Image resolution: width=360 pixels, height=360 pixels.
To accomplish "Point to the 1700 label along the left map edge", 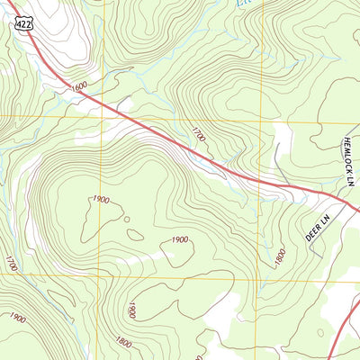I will click(11, 264).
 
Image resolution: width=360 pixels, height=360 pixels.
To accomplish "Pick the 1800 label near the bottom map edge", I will click(124, 342).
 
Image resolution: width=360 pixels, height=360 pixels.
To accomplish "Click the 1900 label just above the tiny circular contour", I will click(101, 199).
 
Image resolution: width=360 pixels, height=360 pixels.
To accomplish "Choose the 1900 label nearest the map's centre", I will click(179, 239).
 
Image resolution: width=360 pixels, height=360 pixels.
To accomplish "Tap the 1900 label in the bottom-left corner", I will click(17, 317).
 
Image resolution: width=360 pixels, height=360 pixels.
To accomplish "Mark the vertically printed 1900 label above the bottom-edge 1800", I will click(131, 310).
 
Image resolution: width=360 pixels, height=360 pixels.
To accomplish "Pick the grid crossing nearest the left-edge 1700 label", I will click(0, 272).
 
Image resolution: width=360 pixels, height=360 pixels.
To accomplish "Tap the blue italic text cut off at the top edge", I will click(243, 4).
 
